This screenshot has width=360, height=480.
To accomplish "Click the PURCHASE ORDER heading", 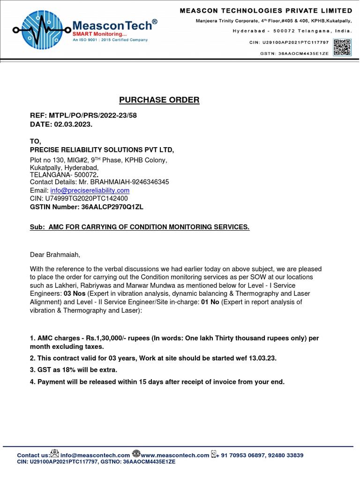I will point(159,100).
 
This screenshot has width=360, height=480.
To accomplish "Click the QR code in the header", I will point(342,47).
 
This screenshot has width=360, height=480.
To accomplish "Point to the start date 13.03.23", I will point(262,358).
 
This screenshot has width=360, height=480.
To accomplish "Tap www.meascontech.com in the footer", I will point(175,455).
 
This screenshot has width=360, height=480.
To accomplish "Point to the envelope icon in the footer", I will point(55,454).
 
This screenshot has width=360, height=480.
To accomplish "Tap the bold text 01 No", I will point(210,302).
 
